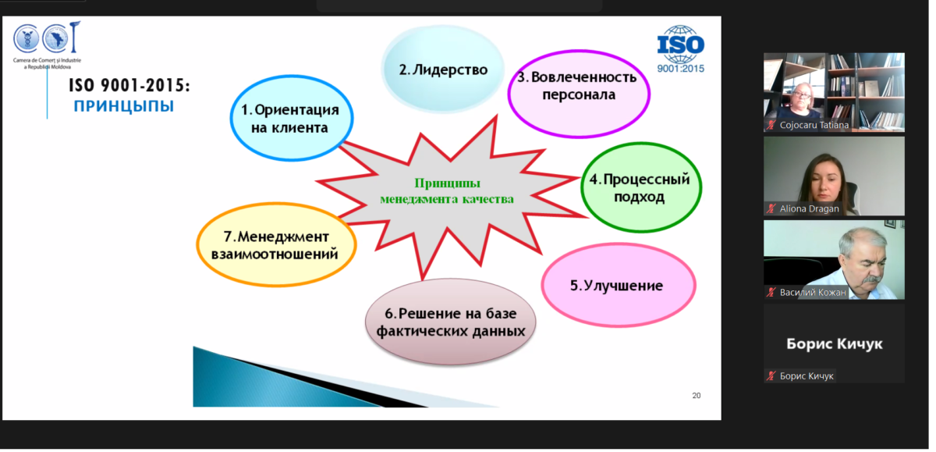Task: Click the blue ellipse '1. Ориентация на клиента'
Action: click(x=292, y=119)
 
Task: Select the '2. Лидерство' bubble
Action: click(x=443, y=69)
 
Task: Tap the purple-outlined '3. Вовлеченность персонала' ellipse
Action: click(x=579, y=94)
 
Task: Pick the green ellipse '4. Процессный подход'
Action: click(x=641, y=187)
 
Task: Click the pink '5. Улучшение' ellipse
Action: click(x=619, y=285)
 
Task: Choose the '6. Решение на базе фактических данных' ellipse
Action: click(x=451, y=322)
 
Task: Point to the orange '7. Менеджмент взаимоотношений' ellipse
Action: click(x=276, y=245)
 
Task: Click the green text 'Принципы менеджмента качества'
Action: click(x=447, y=191)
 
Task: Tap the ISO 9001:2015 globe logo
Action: click(x=681, y=49)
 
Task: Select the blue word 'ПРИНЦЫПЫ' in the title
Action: click(x=124, y=106)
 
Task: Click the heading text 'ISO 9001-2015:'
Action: click(x=129, y=86)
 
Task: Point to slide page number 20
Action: click(x=696, y=396)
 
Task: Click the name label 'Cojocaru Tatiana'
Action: click(x=814, y=125)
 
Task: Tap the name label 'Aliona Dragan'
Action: click(x=809, y=208)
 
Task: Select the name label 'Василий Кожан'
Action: click(x=813, y=292)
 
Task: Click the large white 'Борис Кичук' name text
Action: click(x=835, y=343)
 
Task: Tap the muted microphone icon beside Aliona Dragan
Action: click(x=771, y=208)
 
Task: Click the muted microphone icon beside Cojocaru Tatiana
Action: click(x=771, y=125)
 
